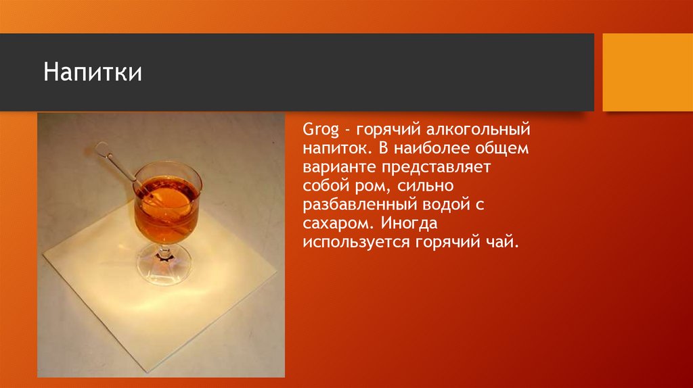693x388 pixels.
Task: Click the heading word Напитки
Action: (93, 72)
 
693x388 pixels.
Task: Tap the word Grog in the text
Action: (317, 128)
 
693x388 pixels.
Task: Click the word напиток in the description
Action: (335, 147)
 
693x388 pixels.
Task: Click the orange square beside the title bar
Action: (647, 72)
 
